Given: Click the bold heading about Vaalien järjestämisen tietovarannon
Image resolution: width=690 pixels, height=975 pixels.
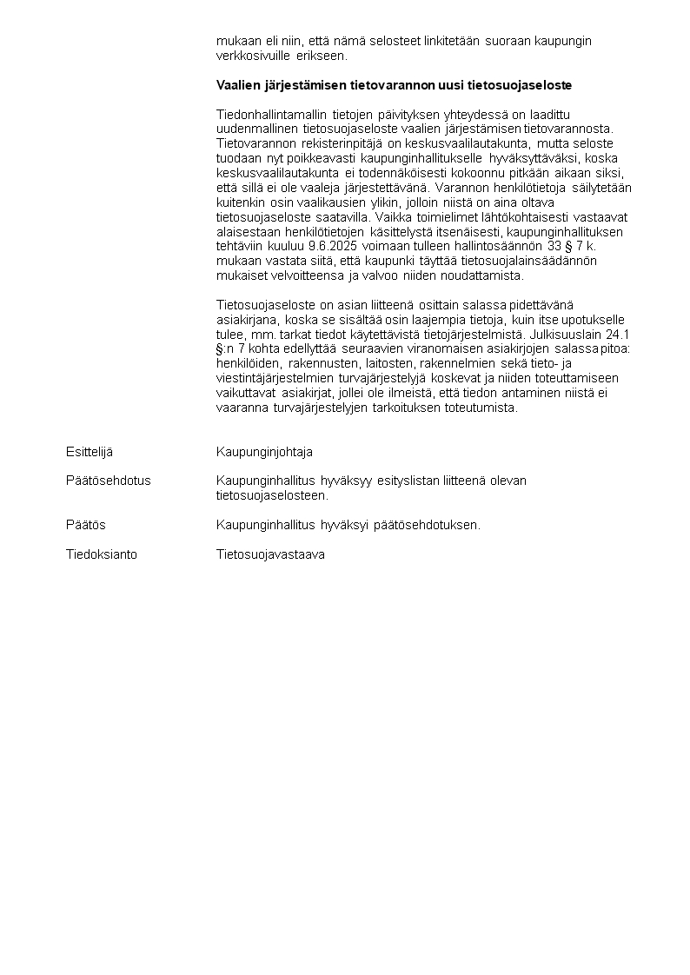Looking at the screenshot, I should click(x=394, y=86).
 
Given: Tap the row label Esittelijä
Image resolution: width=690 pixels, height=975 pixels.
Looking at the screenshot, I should click(x=90, y=452).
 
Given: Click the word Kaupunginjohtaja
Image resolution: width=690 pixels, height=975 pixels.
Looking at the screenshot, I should click(x=264, y=452).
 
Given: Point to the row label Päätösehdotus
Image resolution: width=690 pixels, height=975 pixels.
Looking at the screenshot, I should click(x=108, y=481).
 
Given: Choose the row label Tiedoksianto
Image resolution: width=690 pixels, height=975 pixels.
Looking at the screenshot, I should click(x=101, y=554).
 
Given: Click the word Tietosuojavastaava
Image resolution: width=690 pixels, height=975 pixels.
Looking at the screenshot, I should click(x=270, y=554).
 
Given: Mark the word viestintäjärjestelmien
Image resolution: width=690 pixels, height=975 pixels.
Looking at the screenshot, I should click(x=272, y=378).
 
